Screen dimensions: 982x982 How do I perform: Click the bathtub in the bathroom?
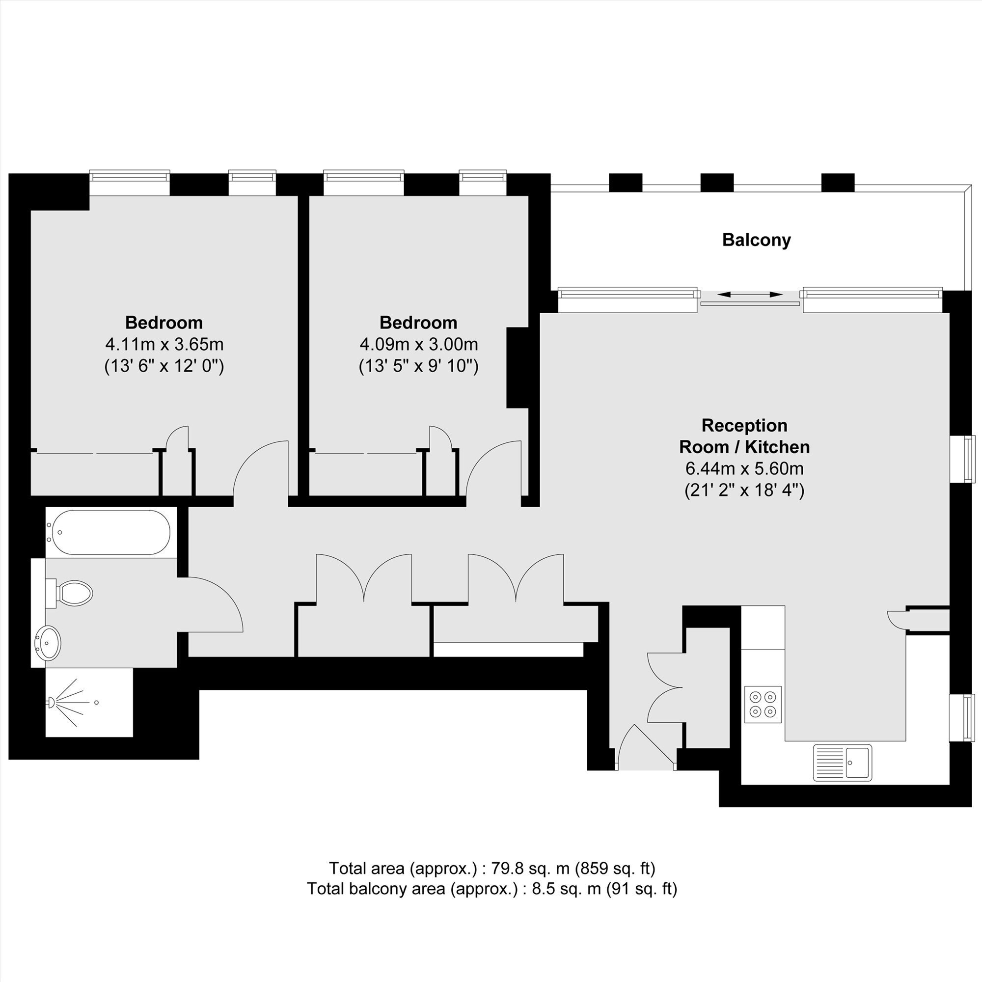tap(108, 532)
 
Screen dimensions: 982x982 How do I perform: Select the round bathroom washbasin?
tap(48, 644)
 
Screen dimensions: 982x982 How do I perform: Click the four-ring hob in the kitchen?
tap(763, 704)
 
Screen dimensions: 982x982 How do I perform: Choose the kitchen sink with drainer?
tap(842, 763)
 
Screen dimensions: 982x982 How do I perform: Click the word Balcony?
tap(756, 240)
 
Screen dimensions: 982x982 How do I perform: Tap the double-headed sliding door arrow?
tap(750, 294)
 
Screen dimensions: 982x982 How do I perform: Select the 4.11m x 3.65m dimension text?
tap(164, 345)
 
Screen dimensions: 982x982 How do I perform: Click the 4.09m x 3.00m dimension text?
tap(419, 345)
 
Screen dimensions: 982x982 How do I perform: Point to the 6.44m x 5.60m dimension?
tap(745, 468)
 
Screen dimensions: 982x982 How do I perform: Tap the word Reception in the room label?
tap(745, 425)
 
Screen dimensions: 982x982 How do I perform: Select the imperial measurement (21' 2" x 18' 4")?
tap(745, 490)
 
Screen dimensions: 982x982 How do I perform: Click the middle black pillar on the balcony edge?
tap(717, 183)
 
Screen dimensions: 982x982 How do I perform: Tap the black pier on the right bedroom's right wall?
tap(518, 368)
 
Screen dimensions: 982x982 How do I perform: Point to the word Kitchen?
tap(778, 447)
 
